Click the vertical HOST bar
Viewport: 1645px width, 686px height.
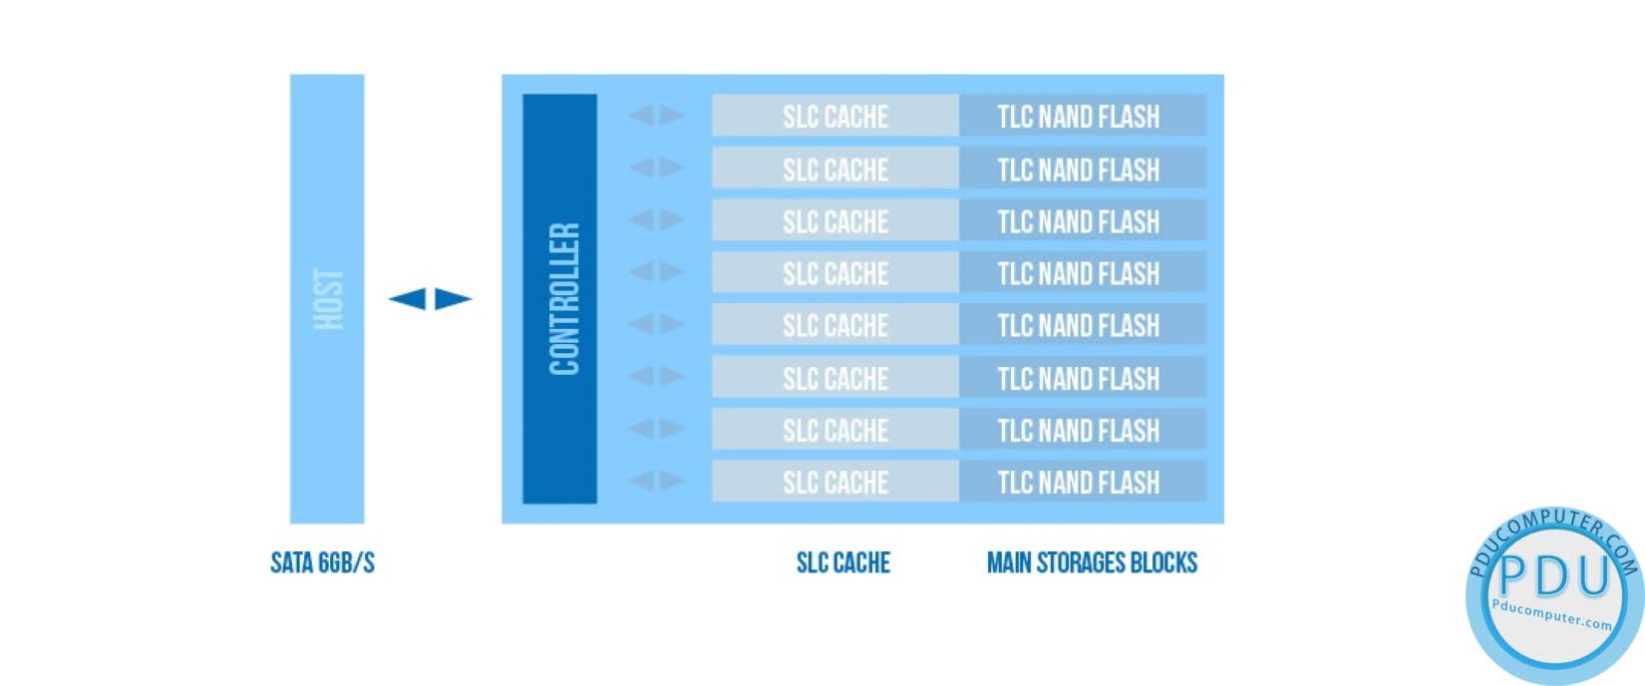[x=327, y=298]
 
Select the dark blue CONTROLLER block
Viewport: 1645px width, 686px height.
[x=560, y=298]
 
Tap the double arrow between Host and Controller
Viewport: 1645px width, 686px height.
[x=430, y=298]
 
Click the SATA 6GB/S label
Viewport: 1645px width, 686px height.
[x=323, y=563]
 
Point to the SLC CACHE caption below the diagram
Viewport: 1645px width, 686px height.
[x=842, y=563]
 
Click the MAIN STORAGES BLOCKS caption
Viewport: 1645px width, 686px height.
[x=1092, y=563]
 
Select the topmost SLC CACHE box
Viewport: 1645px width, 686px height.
[x=835, y=116]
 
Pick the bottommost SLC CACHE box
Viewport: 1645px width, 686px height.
[x=835, y=482]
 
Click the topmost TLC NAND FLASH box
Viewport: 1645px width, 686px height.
[x=1082, y=116]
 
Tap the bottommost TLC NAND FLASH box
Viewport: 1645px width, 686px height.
[x=1082, y=482]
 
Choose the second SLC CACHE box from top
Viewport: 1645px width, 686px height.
[x=835, y=169]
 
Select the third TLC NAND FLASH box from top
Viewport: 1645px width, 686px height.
[x=1082, y=220]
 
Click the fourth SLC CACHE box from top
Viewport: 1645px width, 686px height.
[x=835, y=272]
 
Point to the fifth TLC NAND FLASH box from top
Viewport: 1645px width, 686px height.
[x=1082, y=325]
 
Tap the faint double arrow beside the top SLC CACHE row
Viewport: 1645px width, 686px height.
[x=656, y=116]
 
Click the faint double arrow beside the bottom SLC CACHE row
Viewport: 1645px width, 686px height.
[x=656, y=482]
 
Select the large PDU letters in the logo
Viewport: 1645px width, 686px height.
[x=1555, y=575]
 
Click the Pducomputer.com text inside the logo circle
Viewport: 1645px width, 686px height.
[x=1552, y=614]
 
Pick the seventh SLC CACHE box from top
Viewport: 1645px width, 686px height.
[x=835, y=430]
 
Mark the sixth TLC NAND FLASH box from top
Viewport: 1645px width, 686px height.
[x=1082, y=378]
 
